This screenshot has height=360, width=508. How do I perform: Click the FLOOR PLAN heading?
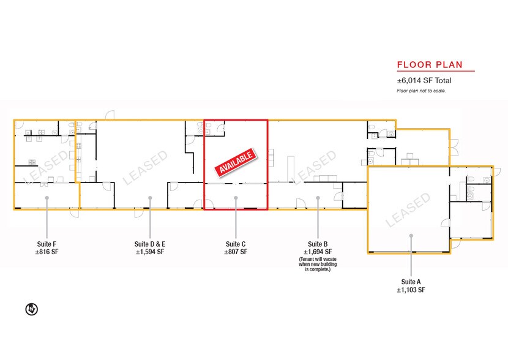point(430,65)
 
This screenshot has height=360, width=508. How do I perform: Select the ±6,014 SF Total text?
point(424,80)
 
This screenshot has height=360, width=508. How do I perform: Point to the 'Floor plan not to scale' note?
point(421,91)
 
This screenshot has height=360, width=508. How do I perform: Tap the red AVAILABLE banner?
point(236,163)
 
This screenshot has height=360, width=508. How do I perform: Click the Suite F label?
point(47,244)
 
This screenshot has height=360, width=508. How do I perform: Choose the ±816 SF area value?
point(47,252)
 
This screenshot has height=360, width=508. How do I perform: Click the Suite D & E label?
point(150,244)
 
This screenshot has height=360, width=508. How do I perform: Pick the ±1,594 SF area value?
point(150,252)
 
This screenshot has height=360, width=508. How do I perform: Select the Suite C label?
point(236,244)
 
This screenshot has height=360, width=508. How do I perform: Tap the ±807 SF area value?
point(236,252)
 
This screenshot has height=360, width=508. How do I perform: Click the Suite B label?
point(318,244)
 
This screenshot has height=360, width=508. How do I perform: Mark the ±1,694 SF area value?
point(318,252)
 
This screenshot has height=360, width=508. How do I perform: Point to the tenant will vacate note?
point(318,264)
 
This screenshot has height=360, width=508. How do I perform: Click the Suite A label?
point(411,282)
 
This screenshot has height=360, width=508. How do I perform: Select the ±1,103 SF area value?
point(411,290)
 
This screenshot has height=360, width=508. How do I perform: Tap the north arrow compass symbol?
point(31,309)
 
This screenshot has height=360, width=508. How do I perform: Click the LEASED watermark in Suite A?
point(408,209)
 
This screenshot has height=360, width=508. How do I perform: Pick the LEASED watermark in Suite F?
point(47,167)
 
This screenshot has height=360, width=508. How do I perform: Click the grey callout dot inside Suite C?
point(236,198)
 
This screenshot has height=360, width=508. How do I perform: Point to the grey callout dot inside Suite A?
point(411,236)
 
